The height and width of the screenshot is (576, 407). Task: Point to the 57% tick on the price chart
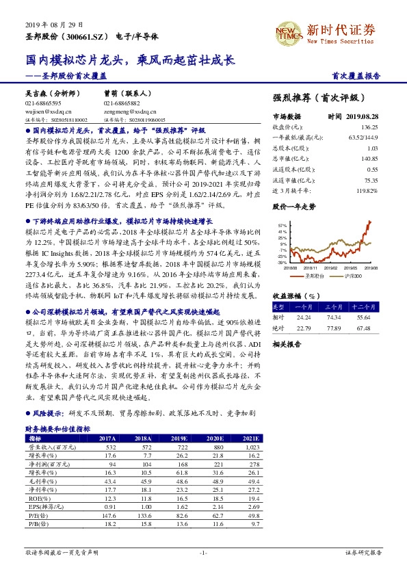point(282,224)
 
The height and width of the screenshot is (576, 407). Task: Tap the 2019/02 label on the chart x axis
point(330,269)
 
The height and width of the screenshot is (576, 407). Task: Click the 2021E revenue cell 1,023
point(249,447)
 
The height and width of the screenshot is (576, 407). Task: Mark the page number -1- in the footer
point(203,551)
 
